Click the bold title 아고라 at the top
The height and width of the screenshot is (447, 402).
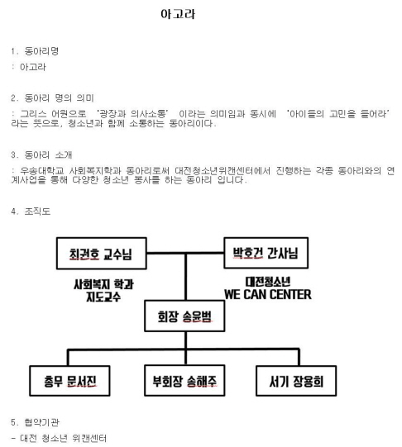178,14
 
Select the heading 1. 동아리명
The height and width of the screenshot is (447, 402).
35,51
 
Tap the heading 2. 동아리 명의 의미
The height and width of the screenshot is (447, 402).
52,98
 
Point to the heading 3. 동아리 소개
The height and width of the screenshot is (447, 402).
41,155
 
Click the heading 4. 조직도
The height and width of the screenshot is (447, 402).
31,212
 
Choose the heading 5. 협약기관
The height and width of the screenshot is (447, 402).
35,422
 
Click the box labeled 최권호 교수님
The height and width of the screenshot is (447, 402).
102,254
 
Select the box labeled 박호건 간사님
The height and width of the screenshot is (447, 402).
266,253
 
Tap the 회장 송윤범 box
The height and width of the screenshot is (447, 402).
184,316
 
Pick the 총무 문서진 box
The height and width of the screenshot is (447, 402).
69,381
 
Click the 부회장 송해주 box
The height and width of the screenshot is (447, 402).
184,381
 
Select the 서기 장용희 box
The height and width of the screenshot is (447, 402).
296,381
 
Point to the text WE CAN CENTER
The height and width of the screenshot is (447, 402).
268,294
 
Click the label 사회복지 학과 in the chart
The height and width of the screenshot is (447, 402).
103,284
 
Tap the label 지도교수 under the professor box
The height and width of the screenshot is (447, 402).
103,297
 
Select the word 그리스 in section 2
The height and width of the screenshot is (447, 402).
33,114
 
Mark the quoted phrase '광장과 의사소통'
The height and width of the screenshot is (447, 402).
132,114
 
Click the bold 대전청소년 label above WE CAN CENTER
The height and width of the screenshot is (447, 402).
268,283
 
